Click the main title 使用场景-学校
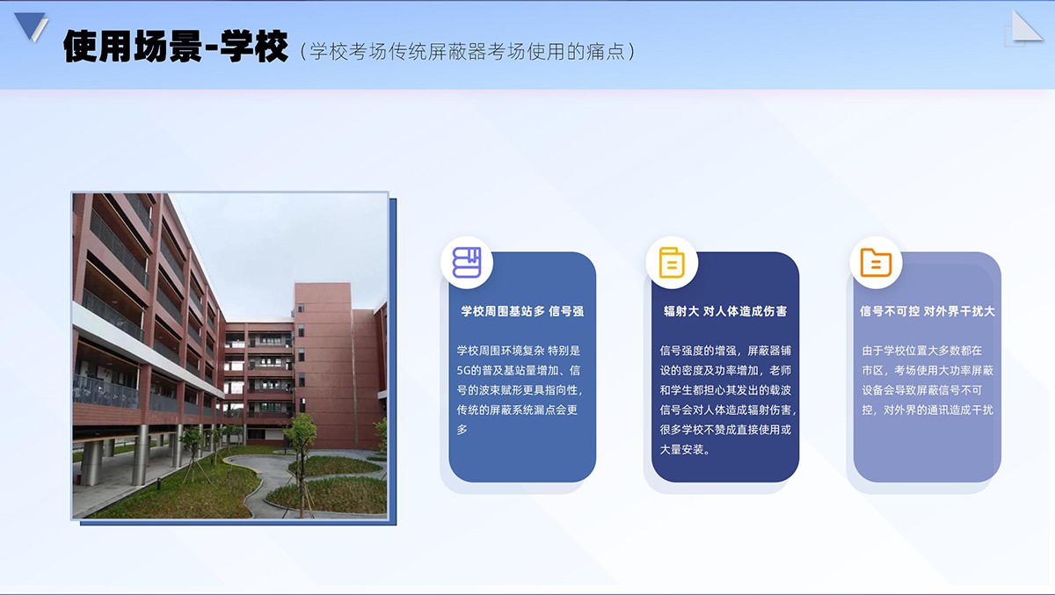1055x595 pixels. click(x=175, y=46)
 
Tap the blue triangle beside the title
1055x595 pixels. click(x=31, y=25)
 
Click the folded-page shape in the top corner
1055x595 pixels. click(x=1025, y=28)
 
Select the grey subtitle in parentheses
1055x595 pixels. click(x=467, y=51)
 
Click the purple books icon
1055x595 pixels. click(x=467, y=262)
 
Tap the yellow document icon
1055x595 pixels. click(x=672, y=262)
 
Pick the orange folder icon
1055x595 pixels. click(x=876, y=262)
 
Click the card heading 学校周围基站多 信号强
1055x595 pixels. click(x=522, y=311)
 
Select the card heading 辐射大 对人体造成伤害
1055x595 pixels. click(x=725, y=311)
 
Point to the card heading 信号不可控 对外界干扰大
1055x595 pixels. click(x=928, y=311)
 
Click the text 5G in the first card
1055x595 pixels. click(x=463, y=371)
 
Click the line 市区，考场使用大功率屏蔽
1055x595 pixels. click(x=928, y=371)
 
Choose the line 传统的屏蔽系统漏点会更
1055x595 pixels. click(x=517, y=410)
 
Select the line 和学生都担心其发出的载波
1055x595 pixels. click(x=725, y=390)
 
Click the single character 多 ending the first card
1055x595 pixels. click(x=462, y=430)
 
